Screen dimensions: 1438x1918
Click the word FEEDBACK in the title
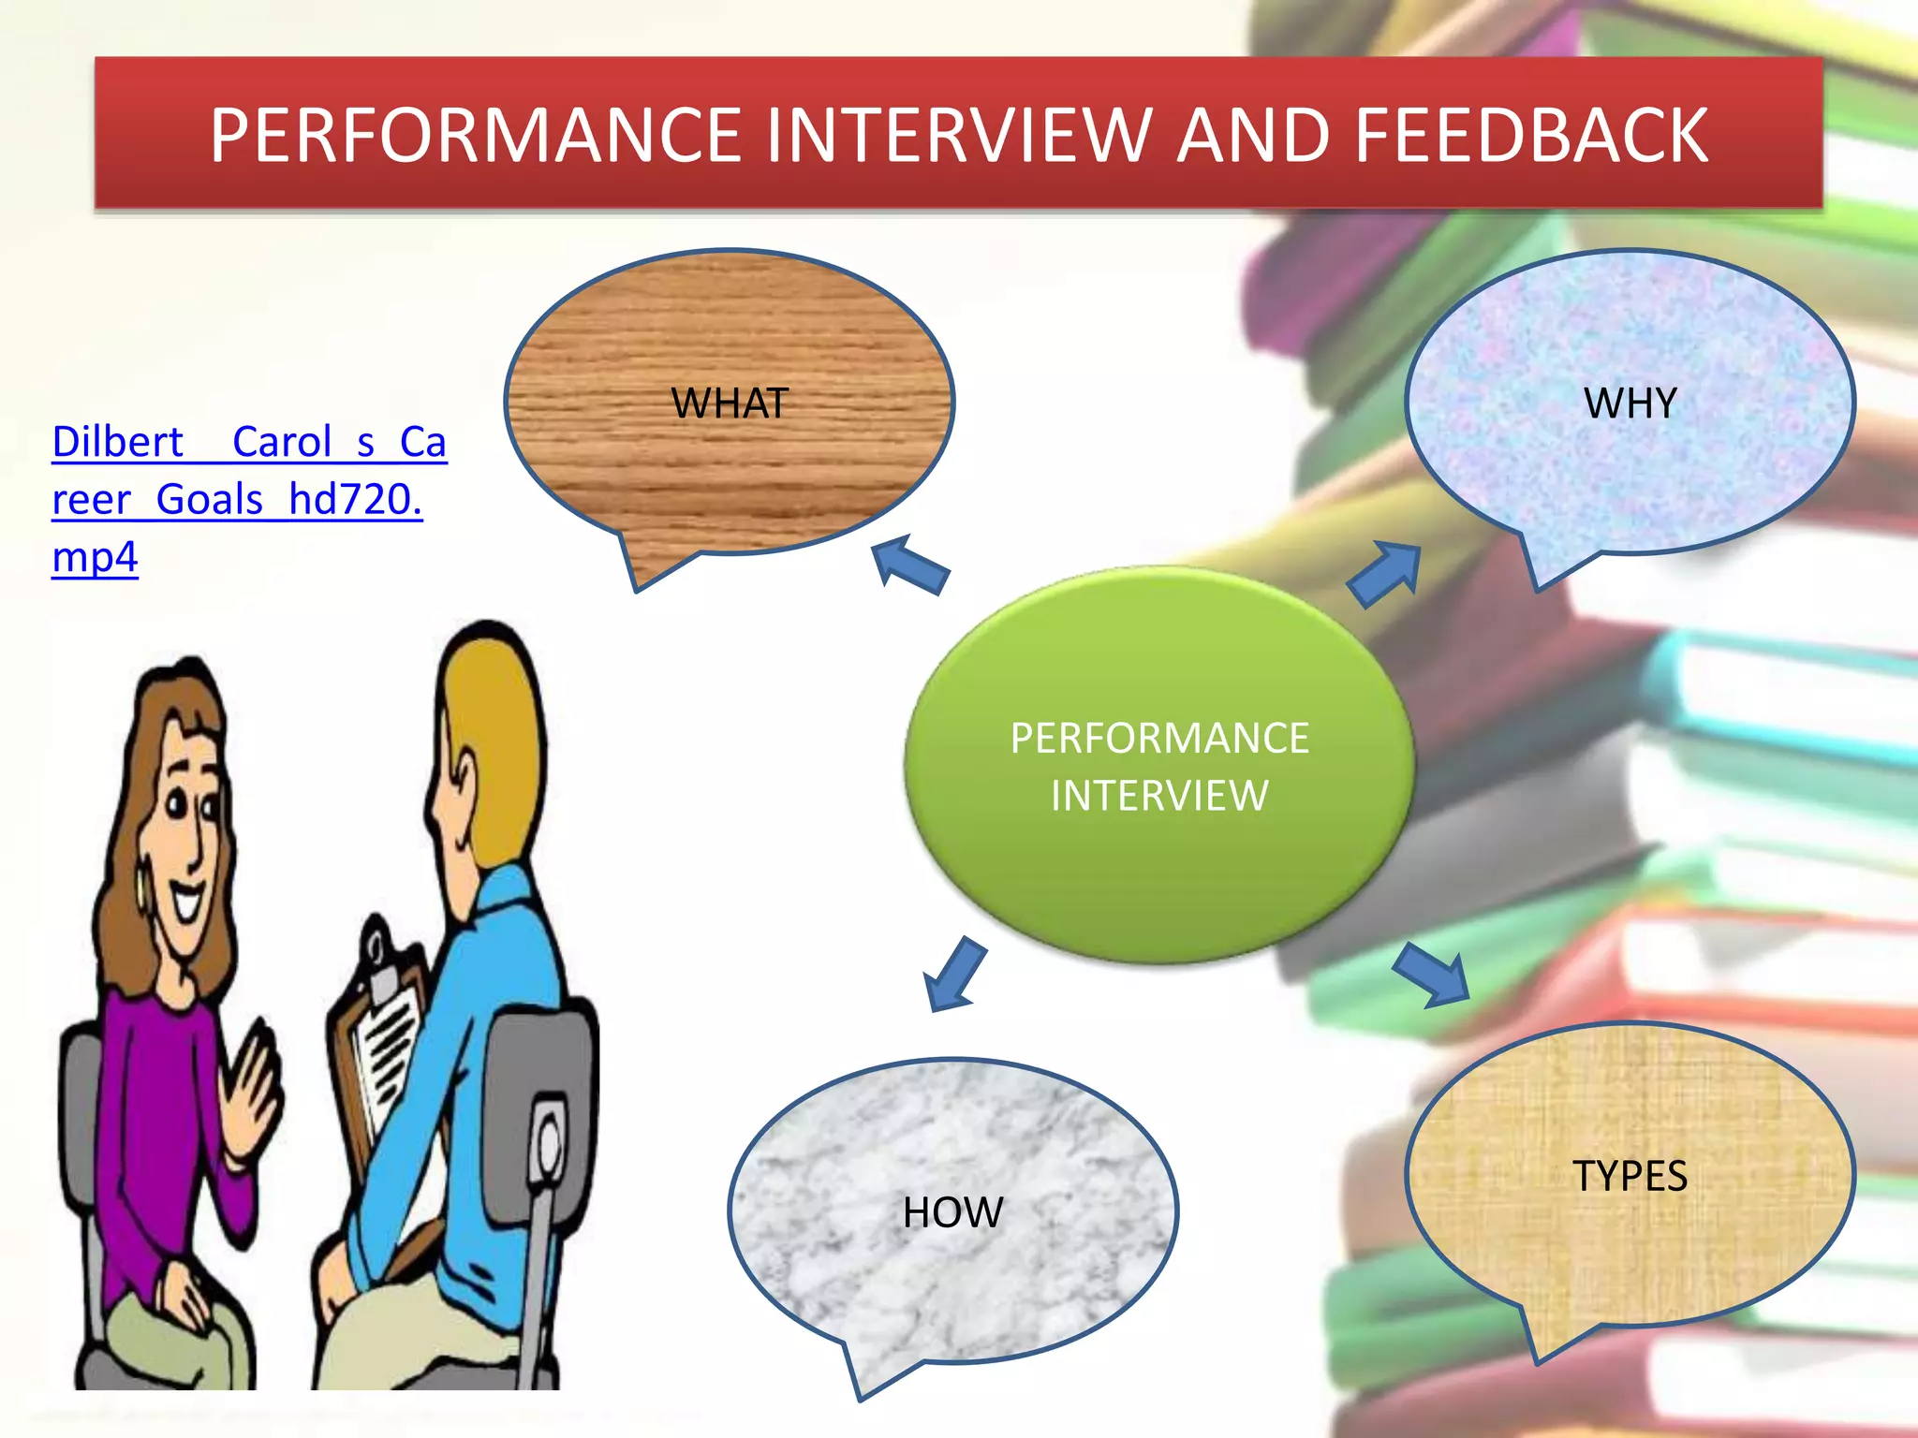pyautogui.click(x=1531, y=136)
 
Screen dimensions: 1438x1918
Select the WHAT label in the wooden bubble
pyautogui.click(x=730, y=404)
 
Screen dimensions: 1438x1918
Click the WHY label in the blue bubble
pyautogui.click(x=1630, y=404)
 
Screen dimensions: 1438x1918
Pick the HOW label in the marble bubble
pyautogui.click(x=952, y=1212)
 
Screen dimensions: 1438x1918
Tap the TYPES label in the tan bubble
pyautogui.click(x=1630, y=1176)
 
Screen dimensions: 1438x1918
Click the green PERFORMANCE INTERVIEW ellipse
pyautogui.click(x=1159, y=843)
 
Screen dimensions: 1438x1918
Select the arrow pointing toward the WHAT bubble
pyautogui.click(x=909, y=564)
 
